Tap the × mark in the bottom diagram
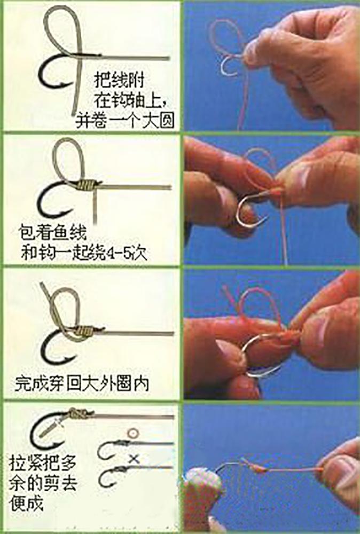point(133,458)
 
